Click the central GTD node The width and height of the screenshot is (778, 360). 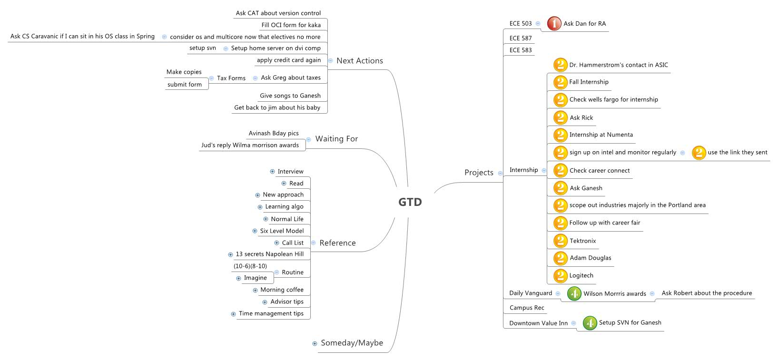point(410,202)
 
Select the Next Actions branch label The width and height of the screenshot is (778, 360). point(359,61)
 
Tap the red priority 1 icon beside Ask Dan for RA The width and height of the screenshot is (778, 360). point(554,23)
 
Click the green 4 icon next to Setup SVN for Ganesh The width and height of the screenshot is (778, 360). point(590,323)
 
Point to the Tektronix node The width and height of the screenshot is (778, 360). point(582,241)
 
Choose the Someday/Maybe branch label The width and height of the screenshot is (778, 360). point(352,343)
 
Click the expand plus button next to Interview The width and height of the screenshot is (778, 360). point(272,172)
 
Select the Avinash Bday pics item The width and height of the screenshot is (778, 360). point(274,134)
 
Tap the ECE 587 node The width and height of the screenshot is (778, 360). point(520,39)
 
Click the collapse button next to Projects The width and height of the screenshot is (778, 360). point(500,173)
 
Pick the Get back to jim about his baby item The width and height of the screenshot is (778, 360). point(277,108)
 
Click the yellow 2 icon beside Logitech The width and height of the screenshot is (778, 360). point(560,276)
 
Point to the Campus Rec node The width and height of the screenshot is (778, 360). point(526,308)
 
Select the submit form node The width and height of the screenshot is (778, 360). point(185,85)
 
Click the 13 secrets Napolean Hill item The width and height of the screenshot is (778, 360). point(269,254)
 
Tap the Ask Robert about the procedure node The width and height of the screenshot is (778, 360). point(707,293)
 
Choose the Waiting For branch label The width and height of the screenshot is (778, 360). point(336,139)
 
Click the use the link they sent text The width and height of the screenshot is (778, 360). point(737,153)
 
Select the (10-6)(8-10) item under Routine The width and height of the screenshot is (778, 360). point(250,266)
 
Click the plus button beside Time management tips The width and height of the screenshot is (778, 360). point(233,314)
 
